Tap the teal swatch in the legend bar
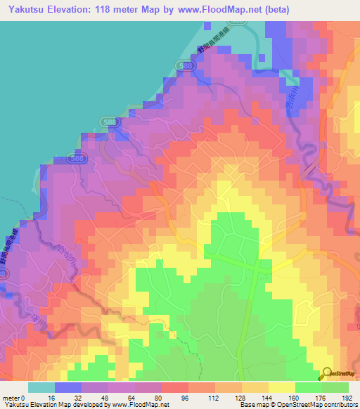41,387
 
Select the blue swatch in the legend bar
68,387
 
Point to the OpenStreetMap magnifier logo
327,374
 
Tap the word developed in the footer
89,405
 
